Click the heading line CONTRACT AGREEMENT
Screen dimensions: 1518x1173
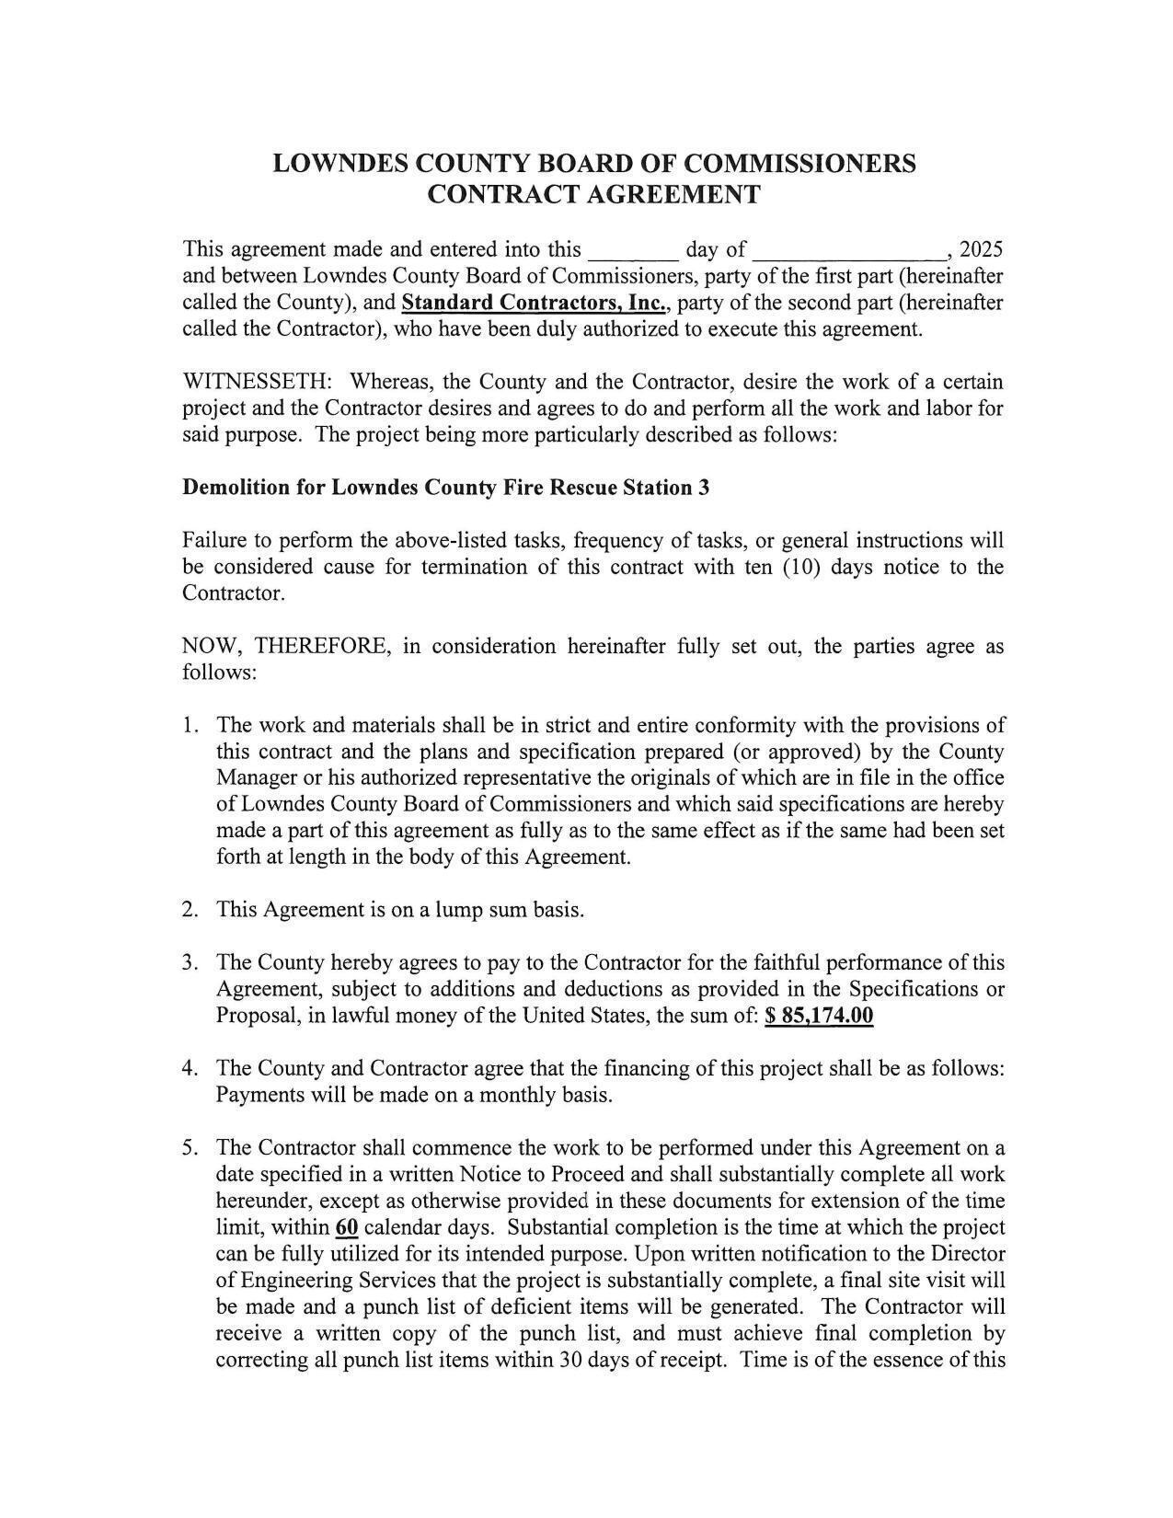pos(594,194)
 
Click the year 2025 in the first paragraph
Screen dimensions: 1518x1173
pos(981,249)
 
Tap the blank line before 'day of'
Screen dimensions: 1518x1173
pos(633,251)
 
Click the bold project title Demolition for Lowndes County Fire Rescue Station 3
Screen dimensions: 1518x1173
pos(445,488)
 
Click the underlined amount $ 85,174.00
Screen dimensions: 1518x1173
pos(819,1016)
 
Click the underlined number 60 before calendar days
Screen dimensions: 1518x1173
pos(347,1227)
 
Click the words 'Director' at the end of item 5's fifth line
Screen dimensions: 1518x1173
pos(968,1254)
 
